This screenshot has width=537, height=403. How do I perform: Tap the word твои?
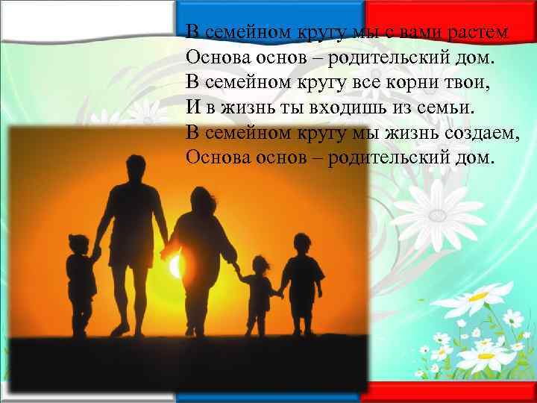471,82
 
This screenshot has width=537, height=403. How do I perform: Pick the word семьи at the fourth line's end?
445,107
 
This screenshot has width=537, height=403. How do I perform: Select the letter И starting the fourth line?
192,107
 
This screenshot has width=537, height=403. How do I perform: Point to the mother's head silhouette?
202,201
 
